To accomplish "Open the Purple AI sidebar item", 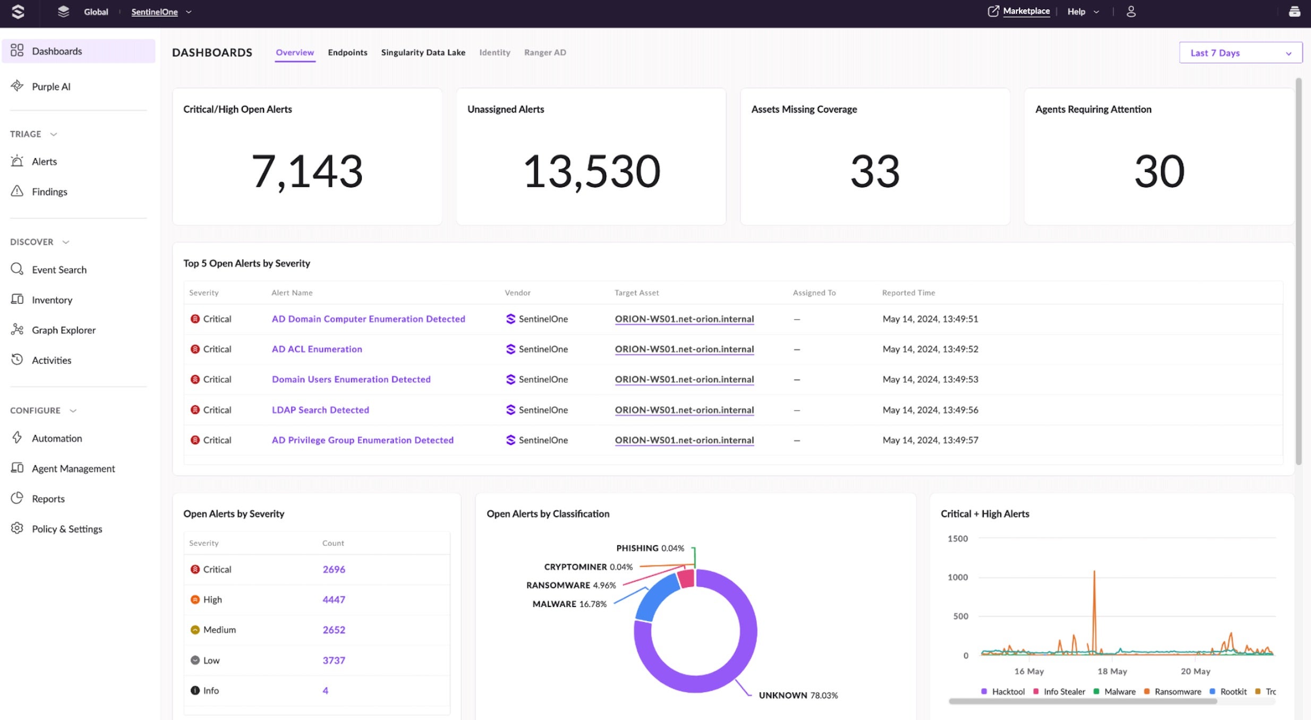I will (50, 87).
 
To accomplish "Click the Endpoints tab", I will (347, 53).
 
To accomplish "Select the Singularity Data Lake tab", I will (423, 53).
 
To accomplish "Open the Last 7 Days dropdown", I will (1240, 53).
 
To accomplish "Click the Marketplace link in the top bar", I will (1026, 11).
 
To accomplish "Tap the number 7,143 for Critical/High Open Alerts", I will (307, 171).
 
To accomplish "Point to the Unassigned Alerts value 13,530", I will (591, 171).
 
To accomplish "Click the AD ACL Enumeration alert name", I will (317, 349).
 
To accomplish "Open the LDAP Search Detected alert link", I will (320, 410).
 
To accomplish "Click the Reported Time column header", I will (908, 293).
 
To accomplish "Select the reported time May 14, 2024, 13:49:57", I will (930, 440).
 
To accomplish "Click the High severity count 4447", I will (334, 599).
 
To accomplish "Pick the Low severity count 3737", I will (334, 660).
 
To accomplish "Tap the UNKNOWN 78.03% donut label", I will (798, 695).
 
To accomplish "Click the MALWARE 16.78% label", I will (569, 604).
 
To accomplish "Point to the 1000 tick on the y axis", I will (957, 577).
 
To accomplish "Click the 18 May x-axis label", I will (1112, 671).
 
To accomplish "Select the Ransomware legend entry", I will (1177, 691).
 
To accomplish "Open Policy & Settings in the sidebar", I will (66, 529).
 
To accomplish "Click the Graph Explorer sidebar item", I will (63, 330).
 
